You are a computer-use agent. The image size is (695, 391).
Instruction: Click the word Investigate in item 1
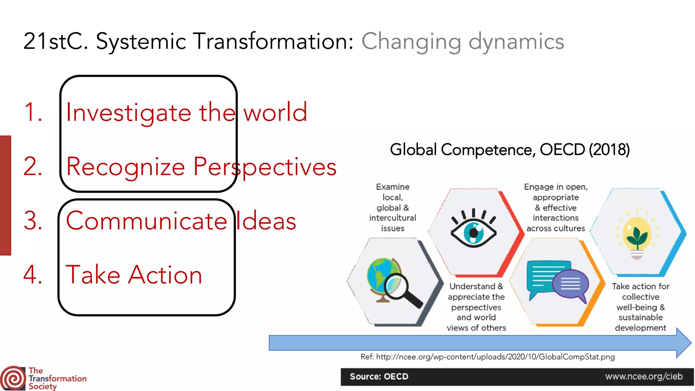point(128,113)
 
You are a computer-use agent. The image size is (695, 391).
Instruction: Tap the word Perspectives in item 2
point(265,167)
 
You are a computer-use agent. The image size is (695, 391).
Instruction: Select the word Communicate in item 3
point(146,221)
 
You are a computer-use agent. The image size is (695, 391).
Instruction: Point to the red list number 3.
point(33,221)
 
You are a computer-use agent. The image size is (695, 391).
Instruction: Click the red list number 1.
point(33,112)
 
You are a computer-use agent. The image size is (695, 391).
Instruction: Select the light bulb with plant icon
point(637,238)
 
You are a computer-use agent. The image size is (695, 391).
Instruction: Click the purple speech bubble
point(571,284)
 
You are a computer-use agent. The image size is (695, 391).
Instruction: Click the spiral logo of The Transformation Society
point(13,378)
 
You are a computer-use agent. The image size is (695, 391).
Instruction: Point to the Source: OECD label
point(379,376)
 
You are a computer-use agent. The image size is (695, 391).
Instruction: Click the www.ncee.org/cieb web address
point(644,376)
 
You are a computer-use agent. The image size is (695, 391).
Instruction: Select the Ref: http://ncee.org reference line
point(487,357)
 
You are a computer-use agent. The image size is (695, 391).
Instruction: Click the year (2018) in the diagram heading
point(609,150)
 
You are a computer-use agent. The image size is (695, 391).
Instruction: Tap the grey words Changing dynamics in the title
point(463,41)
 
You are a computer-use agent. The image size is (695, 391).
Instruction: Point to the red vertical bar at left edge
point(5,195)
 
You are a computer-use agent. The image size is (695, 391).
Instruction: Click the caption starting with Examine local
point(393,207)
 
